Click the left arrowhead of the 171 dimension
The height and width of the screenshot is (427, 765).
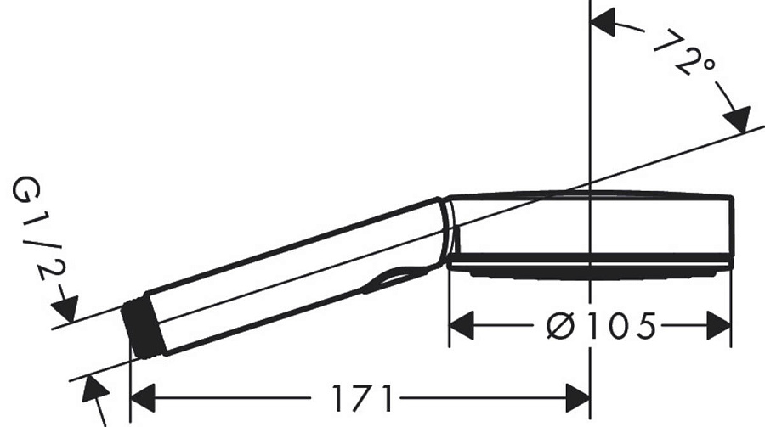click(x=140, y=396)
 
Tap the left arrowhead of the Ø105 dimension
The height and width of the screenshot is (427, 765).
click(x=460, y=324)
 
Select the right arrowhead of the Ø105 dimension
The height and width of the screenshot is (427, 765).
click(x=720, y=324)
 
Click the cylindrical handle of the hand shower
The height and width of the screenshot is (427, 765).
click(x=289, y=272)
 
